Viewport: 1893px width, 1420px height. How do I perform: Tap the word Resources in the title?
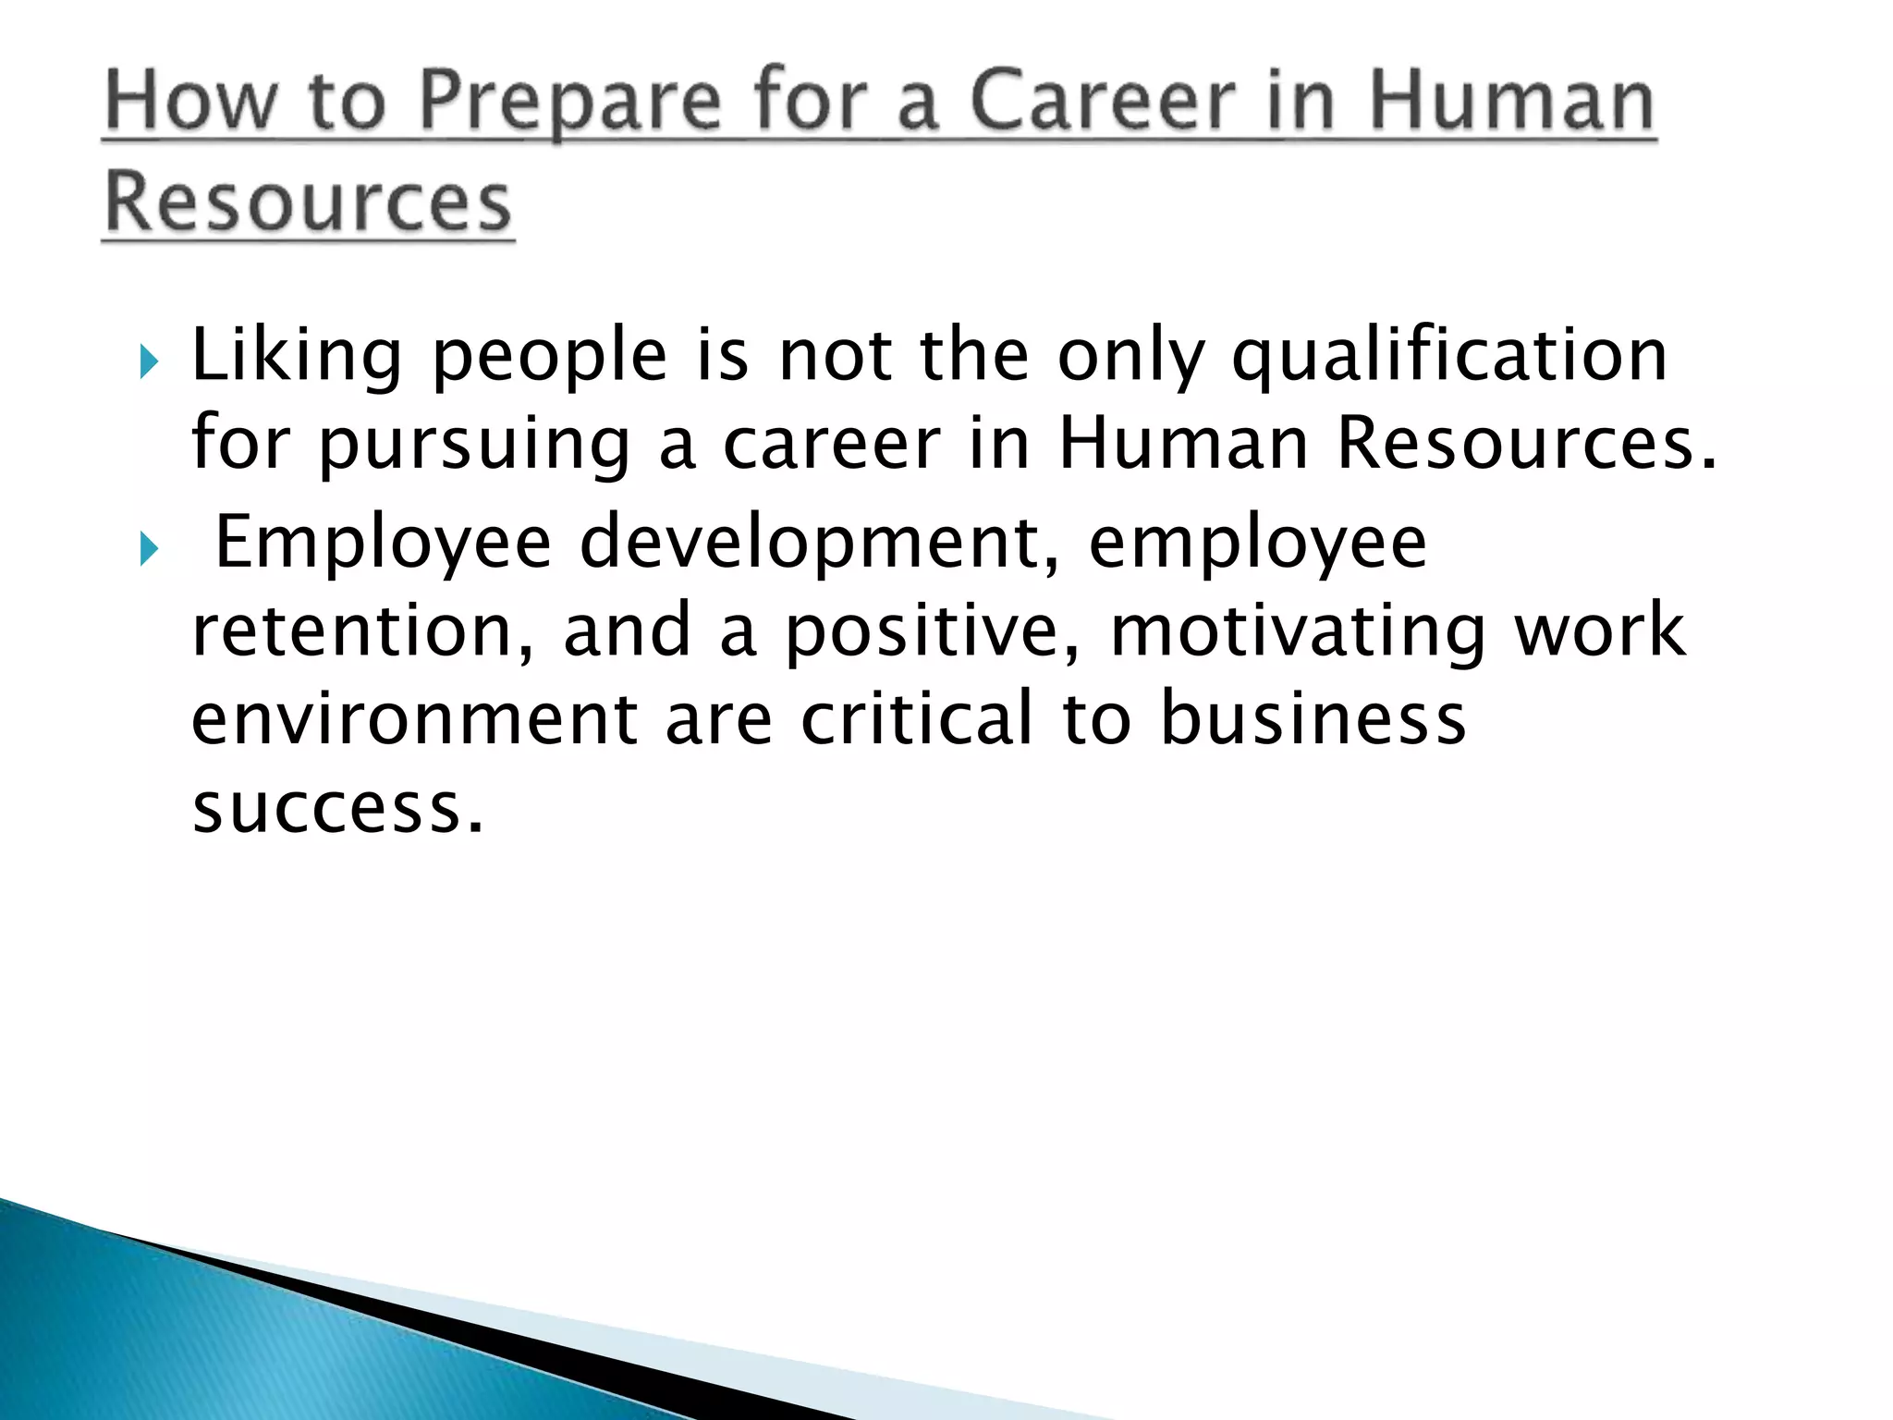pos(308,202)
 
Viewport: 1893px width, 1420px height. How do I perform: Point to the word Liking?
pos(297,357)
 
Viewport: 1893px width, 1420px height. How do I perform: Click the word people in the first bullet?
pos(549,357)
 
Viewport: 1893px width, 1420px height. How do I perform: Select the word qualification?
pos(1449,357)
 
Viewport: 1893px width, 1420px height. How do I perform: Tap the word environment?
pos(414,719)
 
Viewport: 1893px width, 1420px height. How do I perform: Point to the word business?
pos(1313,719)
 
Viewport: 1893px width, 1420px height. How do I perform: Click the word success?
pos(338,808)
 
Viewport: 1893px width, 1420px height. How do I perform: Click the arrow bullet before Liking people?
pos(150,362)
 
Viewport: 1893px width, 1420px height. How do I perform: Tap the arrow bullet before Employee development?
pos(150,550)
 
